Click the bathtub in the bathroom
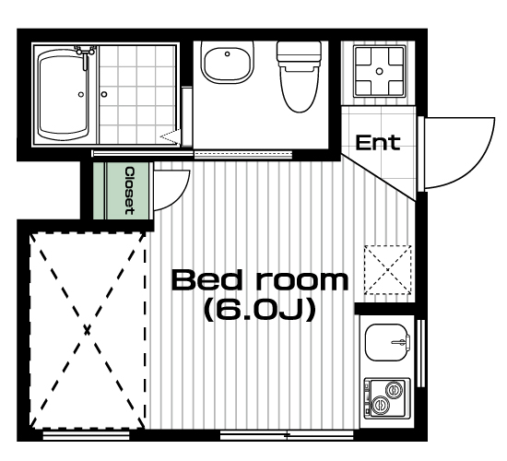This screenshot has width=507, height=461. coord(64,95)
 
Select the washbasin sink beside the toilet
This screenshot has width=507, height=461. coord(227,63)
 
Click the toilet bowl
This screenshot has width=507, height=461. coord(299,89)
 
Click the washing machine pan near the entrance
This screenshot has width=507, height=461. coord(379,71)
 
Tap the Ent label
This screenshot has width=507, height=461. coord(378,143)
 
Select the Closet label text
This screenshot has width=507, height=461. coord(130,191)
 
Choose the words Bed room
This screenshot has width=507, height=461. coord(260,280)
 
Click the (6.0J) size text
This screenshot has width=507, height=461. coord(260,310)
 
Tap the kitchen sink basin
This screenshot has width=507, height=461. coord(387,342)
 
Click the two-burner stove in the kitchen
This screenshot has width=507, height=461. coord(387,398)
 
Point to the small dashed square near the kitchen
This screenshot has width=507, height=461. coord(388,270)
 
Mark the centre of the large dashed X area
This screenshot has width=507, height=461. coord(87,331)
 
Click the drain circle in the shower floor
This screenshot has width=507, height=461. coord(104,94)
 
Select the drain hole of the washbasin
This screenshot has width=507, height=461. coord(228,53)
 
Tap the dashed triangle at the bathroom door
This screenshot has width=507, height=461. coord(171,137)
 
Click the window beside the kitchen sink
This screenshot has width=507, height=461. coord(420,353)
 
